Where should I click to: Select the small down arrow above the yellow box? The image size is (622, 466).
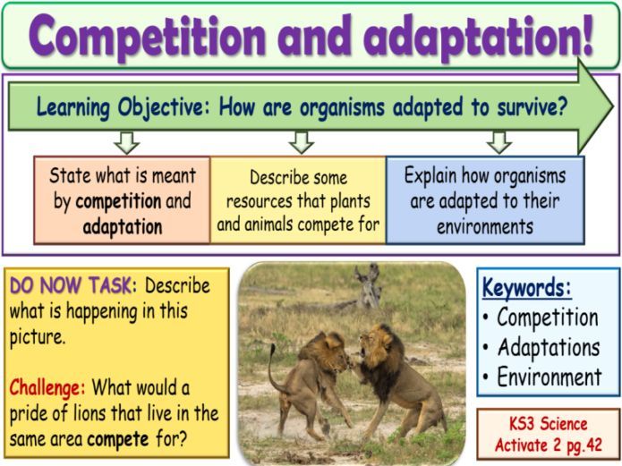coord(302,141)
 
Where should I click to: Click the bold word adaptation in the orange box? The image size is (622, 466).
coord(123,226)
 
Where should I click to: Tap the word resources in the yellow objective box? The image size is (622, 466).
coord(269,201)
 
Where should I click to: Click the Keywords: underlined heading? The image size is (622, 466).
coord(527,288)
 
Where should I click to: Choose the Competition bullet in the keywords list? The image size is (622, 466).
coord(547,318)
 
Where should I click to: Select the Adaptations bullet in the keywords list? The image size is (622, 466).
coord(548,347)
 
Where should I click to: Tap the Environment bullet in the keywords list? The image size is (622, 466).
coord(549,377)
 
